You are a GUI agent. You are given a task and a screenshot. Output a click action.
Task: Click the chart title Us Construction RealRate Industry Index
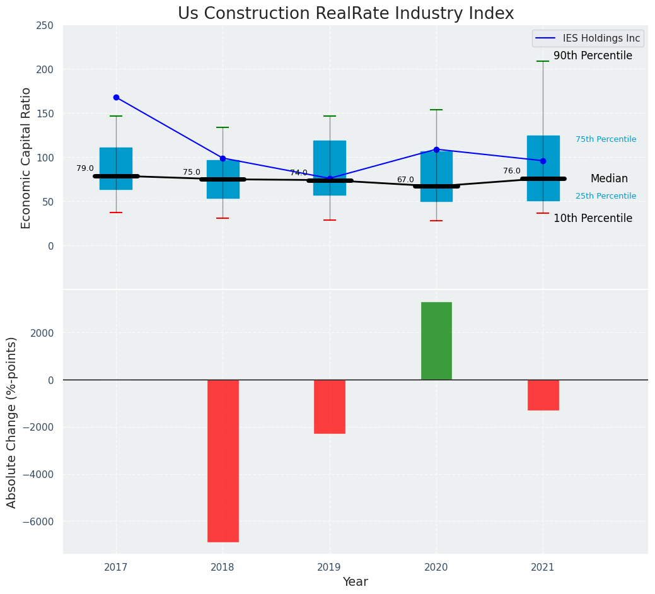click(345, 14)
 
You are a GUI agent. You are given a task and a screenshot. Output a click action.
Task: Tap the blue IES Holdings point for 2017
click(116, 97)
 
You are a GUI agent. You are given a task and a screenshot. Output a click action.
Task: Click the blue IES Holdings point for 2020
click(436, 149)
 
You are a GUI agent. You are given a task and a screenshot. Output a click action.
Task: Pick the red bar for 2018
click(223, 460)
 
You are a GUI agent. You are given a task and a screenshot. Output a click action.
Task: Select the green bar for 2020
click(436, 341)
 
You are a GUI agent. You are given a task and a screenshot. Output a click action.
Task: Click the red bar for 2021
click(543, 395)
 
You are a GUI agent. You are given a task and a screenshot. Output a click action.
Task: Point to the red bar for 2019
click(330, 406)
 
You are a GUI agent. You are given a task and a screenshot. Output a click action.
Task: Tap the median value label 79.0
click(85, 168)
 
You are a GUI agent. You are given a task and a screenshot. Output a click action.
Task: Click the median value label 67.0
click(405, 180)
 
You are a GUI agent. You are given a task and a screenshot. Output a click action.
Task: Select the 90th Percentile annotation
click(593, 55)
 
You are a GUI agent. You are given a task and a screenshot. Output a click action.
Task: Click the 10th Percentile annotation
click(593, 218)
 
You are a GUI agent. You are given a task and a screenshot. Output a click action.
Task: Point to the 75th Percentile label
click(606, 139)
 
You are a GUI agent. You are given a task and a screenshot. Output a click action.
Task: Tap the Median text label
click(609, 178)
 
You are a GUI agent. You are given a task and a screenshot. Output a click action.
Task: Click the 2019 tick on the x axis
click(329, 568)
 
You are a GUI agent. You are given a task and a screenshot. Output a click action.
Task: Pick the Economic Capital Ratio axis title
click(26, 158)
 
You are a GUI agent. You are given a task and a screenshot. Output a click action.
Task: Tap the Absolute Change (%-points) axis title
click(12, 422)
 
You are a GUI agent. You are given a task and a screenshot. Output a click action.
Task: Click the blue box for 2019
click(330, 158)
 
